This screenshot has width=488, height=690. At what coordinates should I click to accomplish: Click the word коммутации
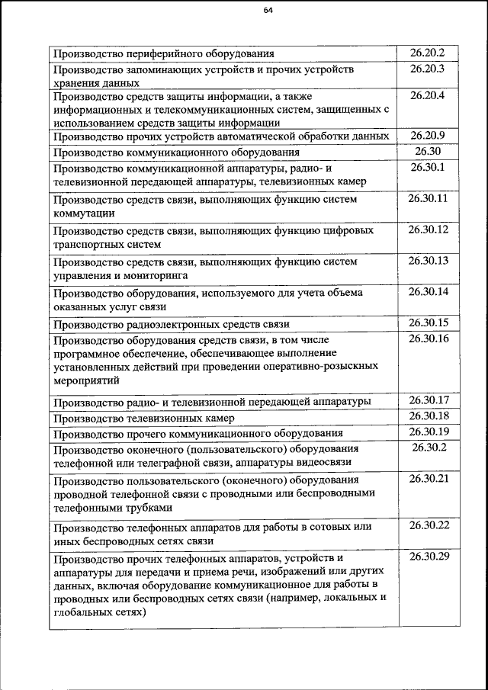(x=84, y=213)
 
